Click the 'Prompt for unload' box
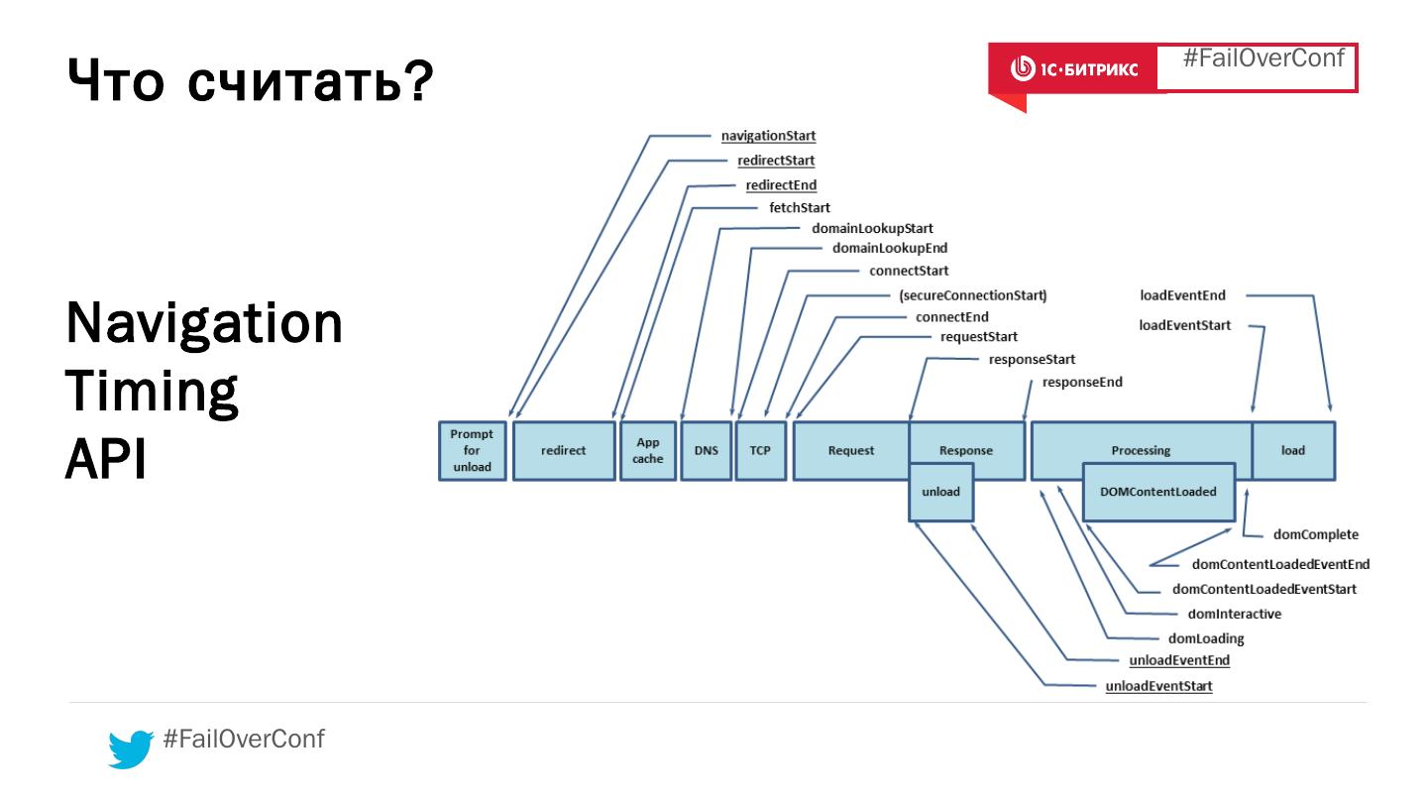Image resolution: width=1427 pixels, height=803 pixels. pyautogui.click(x=472, y=450)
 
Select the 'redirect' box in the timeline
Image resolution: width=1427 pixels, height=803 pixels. pyautogui.click(x=563, y=450)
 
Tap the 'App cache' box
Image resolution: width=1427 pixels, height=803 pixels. pyautogui.click(x=648, y=450)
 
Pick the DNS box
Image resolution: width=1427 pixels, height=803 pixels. pyautogui.click(x=706, y=450)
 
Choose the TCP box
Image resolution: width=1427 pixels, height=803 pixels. pyautogui.click(x=760, y=450)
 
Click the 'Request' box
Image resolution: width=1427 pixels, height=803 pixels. pyautogui.click(x=850, y=450)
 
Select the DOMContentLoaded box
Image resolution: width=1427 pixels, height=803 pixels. pyautogui.click(x=1157, y=491)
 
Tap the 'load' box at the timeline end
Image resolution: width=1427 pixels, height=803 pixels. pyautogui.click(x=1292, y=450)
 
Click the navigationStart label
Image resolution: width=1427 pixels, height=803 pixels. pyautogui.click(x=768, y=136)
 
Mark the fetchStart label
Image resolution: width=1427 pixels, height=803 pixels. pyautogui.click(x=799, y=207)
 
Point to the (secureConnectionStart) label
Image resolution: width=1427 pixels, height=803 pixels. pyautogui.click(x=972, y=294)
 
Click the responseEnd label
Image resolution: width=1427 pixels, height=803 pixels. pyautogui.click(x=1082, y=382)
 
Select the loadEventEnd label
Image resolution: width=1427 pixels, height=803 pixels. pyautogui.click(x=1182, y=294)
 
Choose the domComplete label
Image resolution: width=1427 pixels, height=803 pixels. pyautogui.click(x=1315, y=534)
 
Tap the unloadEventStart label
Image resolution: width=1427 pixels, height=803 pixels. pyautogui.click(x=1158, y=686)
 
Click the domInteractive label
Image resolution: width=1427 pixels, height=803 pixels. pyautogui.click(x=1234, y=614)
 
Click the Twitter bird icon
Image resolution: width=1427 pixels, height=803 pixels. pyautogui.click(x=131, y=747)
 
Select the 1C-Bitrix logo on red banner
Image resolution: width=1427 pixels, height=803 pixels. pyautogui.click(x=1073, y=70)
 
